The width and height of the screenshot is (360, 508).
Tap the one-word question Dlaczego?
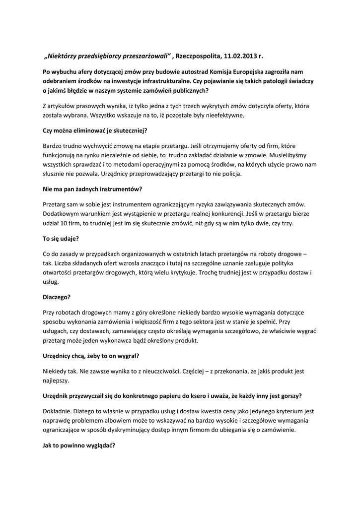coord(57,298)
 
